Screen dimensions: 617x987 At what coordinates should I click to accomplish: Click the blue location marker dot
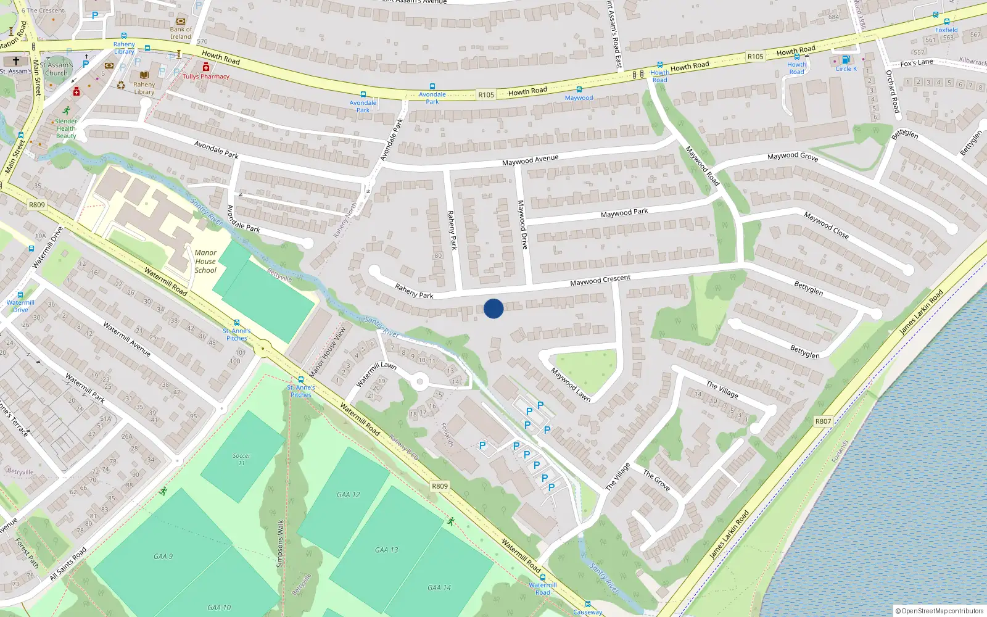(x=493, y=308)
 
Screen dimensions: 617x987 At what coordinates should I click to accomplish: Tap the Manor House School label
(x=205, y=262)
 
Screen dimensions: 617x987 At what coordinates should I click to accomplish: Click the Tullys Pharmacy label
(x=206, y=77)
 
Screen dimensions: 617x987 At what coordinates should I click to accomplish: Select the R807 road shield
(x=823, y=421)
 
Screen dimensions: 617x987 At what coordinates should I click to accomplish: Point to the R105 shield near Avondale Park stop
(x=486, y=95)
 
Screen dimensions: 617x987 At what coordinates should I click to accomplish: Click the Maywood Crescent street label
(x=600, y=280)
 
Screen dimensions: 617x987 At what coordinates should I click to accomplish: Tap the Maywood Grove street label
(x=793, y=157)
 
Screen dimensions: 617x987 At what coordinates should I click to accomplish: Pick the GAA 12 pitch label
(x=349, y=495)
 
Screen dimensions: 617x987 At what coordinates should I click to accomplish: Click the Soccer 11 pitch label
(x=241, y=459)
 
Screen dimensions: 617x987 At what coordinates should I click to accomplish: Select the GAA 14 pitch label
(x=439, y=588)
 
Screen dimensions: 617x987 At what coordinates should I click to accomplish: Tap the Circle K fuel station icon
(x=846, y=60)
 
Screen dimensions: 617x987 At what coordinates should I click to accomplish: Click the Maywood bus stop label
(x=579, y=98)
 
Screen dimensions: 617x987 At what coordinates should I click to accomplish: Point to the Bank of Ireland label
(x=181, y=33)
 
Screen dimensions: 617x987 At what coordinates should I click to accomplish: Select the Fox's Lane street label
(x=917, y=63)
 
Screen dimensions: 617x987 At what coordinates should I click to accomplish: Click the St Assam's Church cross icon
(x=16, y=61)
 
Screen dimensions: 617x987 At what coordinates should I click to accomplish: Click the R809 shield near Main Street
(x=37, y=205)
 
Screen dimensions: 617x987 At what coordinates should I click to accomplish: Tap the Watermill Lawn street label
(x=376, y=374)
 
